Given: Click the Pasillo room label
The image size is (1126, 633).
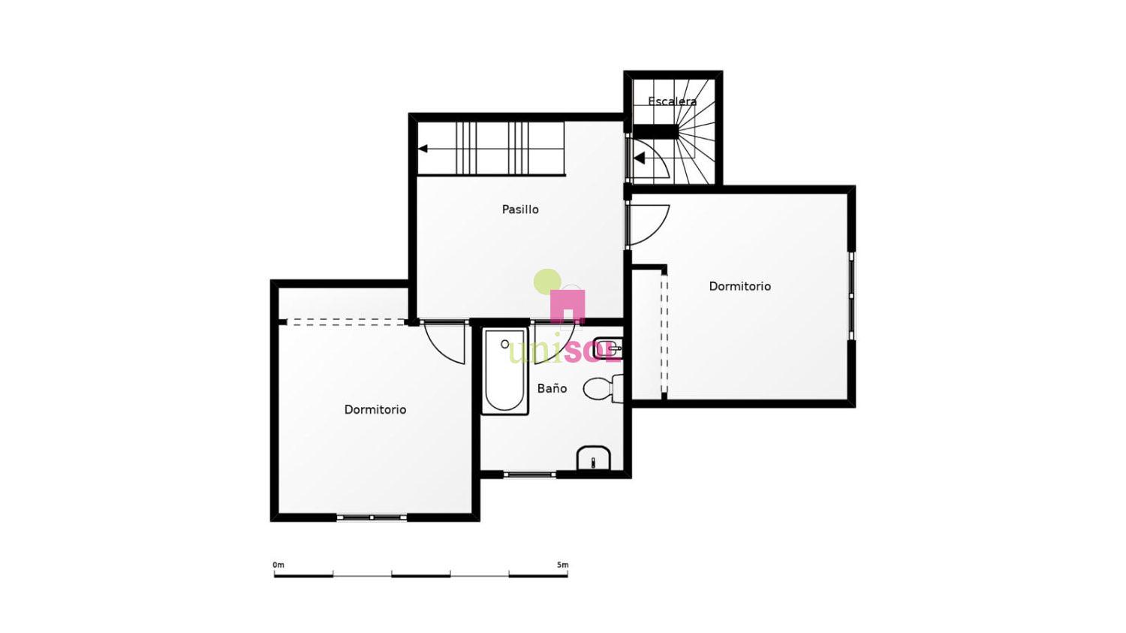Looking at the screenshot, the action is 520,209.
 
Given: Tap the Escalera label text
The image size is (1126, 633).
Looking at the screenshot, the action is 672,101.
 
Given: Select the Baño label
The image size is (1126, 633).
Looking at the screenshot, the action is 552,388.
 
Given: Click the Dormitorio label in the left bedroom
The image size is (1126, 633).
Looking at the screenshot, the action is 375,410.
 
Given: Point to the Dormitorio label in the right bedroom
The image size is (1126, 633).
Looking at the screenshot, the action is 740,286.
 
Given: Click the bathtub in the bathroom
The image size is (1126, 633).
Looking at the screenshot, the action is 504,371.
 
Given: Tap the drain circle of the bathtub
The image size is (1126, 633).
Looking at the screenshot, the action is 504,345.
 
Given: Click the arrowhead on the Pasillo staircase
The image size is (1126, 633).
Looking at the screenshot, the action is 423,149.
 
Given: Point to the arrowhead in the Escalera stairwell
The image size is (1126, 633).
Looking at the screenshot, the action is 640,158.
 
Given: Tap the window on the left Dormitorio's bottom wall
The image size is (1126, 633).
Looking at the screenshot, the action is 372,517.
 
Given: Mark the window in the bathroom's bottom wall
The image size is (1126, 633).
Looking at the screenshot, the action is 530,474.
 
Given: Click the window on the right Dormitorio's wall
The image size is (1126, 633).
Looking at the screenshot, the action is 851,296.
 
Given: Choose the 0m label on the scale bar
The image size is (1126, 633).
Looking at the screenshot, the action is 278,565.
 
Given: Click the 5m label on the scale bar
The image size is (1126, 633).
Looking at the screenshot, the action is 563,565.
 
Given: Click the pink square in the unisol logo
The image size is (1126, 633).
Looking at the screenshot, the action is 568,306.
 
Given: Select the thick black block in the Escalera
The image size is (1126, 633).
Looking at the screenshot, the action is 655,131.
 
